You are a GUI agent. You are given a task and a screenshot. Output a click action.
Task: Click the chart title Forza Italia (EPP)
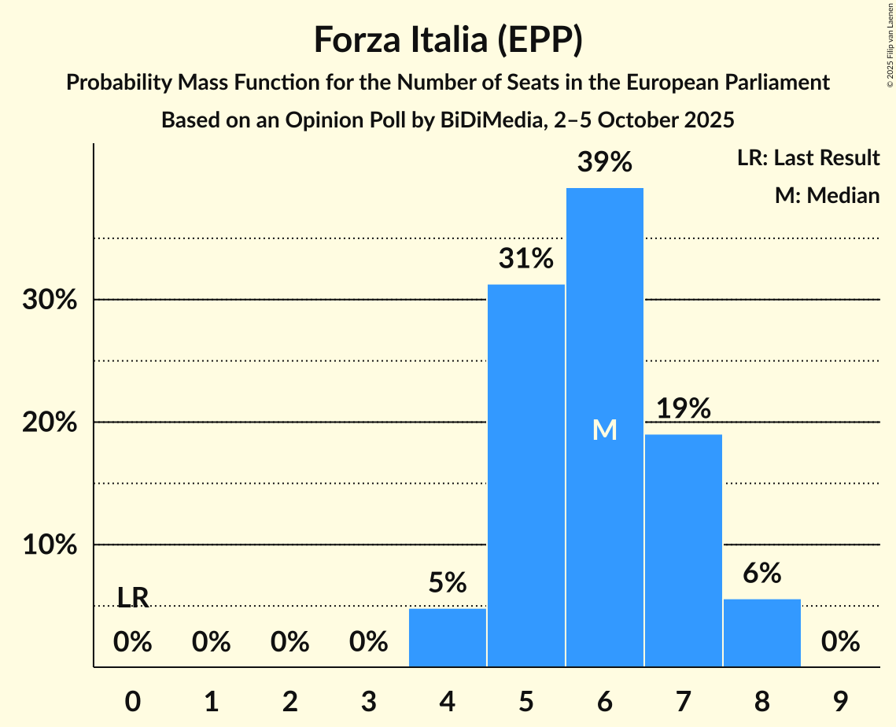click(448, 39)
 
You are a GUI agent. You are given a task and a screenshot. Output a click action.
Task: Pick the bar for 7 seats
click(683, 550)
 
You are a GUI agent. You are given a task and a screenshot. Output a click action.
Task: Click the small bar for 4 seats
click(448, 637)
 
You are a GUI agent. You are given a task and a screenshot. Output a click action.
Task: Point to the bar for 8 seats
click(761, 633)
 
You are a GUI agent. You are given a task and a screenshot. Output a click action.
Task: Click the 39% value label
click(604, 162)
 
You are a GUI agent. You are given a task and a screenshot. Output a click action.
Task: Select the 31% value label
click(525, 258)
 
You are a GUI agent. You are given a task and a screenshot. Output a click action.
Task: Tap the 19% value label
click(683, 408)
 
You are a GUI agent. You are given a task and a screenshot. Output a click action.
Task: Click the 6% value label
click(761, 574)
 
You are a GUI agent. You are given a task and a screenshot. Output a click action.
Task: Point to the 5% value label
click(448, 583)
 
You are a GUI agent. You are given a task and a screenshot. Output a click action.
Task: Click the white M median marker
click(604, 430)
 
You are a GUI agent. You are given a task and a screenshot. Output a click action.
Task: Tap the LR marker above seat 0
click(133, 598)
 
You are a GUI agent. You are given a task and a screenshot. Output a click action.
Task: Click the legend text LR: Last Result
click(808, 158)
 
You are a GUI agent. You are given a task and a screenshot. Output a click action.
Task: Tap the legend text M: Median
click(827, 195)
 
